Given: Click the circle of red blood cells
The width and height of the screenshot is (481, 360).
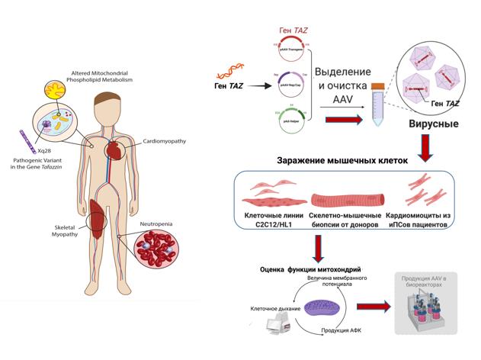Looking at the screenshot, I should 156,253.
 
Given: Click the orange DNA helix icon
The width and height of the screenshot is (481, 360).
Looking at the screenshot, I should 228,73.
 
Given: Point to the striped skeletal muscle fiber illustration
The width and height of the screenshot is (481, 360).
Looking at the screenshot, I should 340,201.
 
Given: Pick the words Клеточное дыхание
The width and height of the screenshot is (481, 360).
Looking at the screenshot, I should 271,308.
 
